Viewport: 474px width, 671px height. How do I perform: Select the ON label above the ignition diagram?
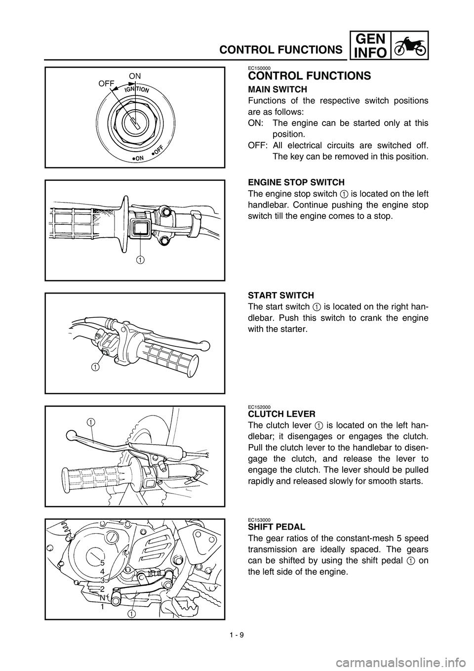pyautogui.click(x=135, y=76)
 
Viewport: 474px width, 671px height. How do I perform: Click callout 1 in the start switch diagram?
pyautogui.click(x=93, y=367)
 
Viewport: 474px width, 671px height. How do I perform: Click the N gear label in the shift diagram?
pyautogui.click(x=102, y=597)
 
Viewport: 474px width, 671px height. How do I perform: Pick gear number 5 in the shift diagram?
pyautogui.click(x=102, y=563)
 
